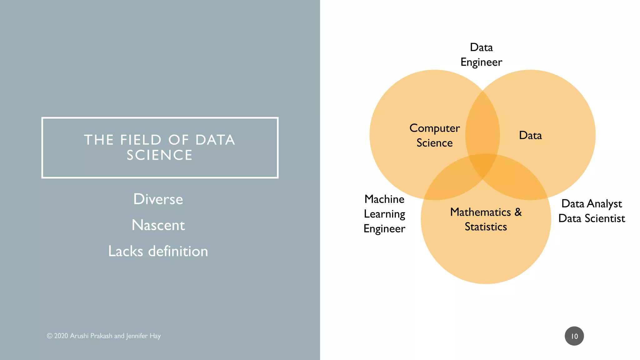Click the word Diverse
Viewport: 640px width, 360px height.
158,199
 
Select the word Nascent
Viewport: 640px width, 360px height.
158,225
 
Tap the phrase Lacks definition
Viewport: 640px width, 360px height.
158,251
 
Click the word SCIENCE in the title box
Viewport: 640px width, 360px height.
159,155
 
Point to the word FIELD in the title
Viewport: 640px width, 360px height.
141,140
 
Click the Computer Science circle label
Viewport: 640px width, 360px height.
434,135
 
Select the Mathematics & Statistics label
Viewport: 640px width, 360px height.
486,219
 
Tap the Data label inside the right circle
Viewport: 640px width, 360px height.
530,135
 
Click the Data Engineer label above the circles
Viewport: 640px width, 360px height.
481,55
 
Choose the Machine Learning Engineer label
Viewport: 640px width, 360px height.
384,214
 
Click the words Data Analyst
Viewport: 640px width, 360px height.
592,204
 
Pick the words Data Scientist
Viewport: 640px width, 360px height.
592,218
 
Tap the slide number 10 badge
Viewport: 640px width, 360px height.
574,336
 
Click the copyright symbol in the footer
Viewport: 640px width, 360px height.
50,336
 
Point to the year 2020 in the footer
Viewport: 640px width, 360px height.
61,336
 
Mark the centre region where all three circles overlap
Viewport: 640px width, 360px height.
483,164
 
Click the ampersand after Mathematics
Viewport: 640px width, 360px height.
518,212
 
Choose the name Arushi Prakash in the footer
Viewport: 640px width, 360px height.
91,336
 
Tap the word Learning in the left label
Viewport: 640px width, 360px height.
384,214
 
